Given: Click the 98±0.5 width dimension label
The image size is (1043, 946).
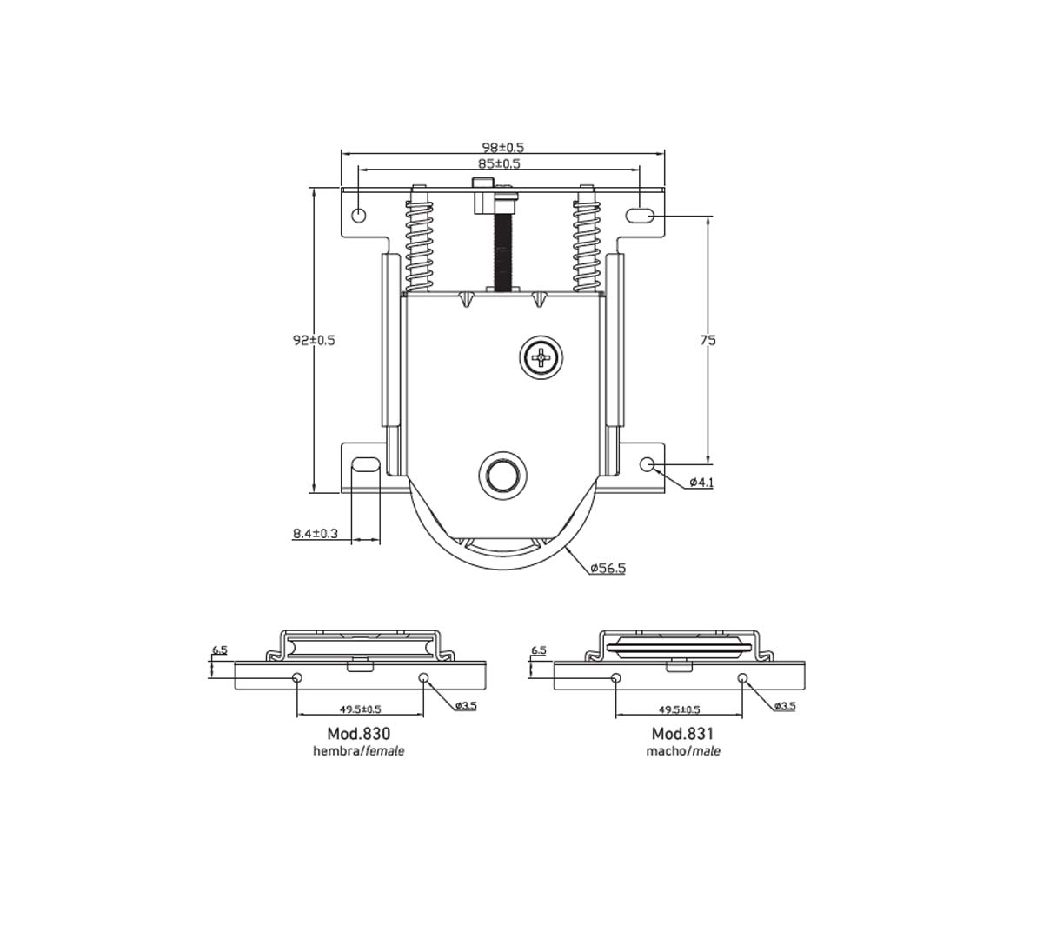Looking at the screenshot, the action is coord(502,147).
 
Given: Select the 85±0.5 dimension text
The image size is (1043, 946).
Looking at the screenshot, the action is coord(499,163).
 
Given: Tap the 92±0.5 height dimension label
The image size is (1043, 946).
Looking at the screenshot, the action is coord(314,340).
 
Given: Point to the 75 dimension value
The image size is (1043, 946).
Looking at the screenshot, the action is coord(708,340).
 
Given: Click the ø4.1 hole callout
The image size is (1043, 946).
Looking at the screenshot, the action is coord(701,483).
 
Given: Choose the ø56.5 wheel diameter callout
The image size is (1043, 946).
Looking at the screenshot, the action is coord(608,568).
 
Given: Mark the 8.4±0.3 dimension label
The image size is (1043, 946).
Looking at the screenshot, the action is coord(316,533).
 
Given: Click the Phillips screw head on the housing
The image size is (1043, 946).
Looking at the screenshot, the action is coord(541,357).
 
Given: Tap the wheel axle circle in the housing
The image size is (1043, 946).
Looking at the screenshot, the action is coord(502,475).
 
